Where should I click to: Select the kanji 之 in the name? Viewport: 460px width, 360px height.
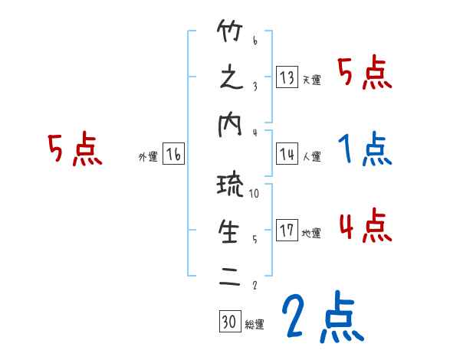click(x=231, y=78)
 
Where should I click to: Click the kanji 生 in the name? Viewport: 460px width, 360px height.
click(x=231, y=231)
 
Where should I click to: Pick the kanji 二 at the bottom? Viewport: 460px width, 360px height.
click(x=231, y=277)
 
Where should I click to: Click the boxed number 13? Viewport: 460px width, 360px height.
click(x=287, y=77)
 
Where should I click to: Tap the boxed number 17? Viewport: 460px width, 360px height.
click(x=287, y=231)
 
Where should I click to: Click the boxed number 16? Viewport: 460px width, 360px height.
click(x=173, y=155)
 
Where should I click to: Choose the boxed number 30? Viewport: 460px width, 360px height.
click(x=229, y=321)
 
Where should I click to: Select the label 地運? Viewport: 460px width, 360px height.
click(x=311, y=234)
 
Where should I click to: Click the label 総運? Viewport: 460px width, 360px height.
click(x=254, y=324)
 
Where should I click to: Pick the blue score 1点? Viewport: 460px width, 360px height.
click(x=365, y=149)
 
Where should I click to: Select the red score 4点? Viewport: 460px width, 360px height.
click(x=365, y=226)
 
